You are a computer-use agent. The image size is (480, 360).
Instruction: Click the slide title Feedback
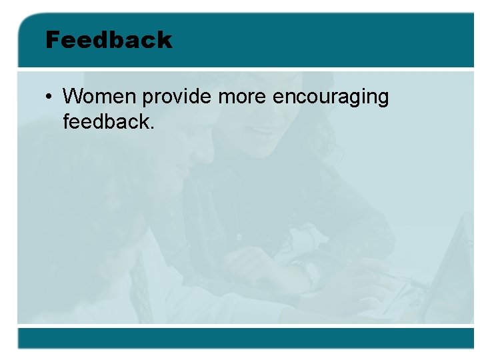109,40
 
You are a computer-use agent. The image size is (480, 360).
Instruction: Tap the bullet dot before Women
50,97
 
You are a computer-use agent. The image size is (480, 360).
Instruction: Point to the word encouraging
331,98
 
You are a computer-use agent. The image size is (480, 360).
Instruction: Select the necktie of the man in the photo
140,280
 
